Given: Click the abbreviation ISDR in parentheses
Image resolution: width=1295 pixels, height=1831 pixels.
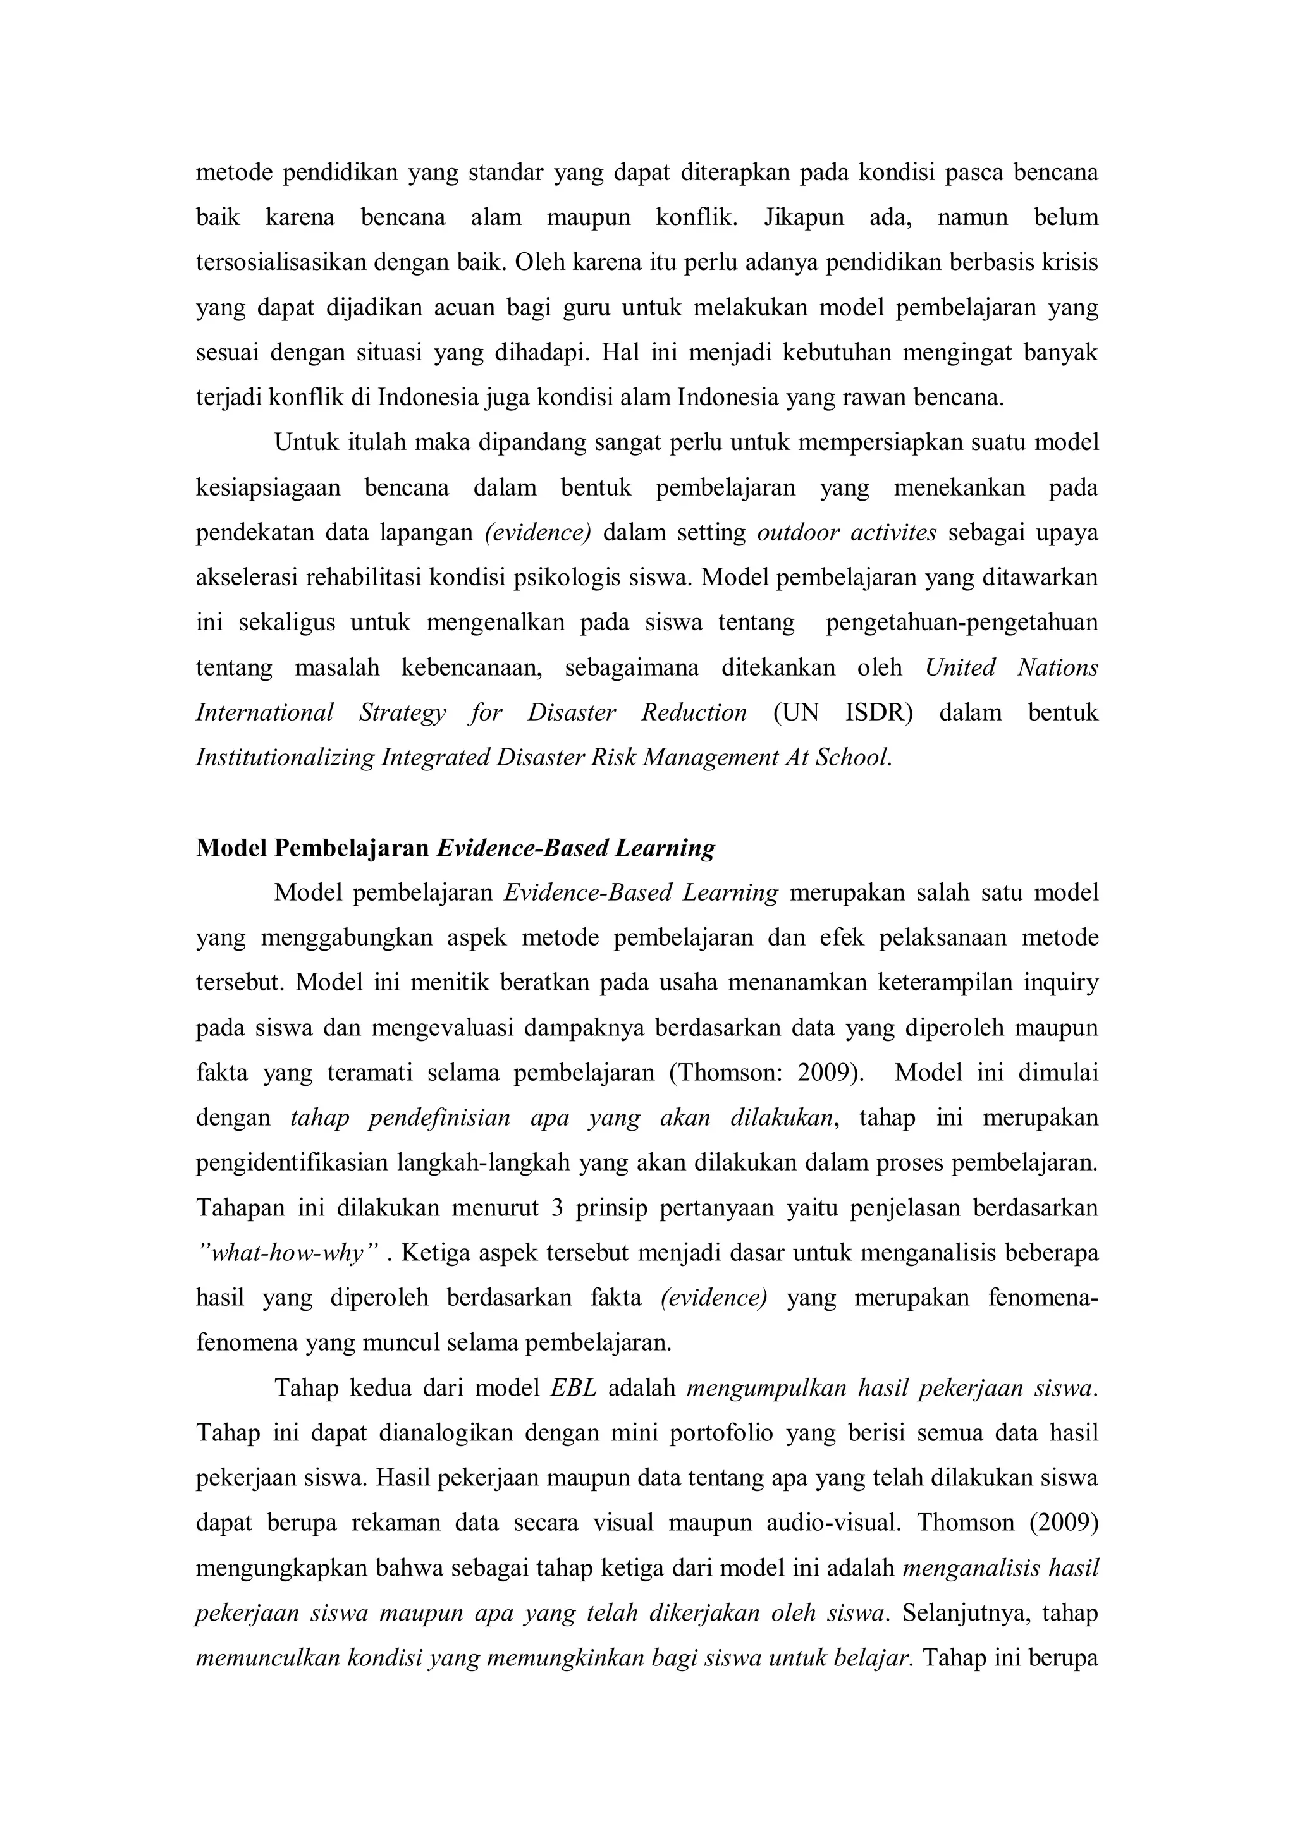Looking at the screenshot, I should (x=878, y=712).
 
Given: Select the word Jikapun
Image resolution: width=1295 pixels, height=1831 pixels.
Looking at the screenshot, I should (x=804, y=217).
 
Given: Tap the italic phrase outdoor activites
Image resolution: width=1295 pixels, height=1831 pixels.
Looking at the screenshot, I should (x=846, y=533).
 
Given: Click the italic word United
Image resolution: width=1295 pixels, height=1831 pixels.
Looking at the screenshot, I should (x=960, y=667).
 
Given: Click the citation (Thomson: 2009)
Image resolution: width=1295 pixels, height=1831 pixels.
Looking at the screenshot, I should (x=766, y=1073).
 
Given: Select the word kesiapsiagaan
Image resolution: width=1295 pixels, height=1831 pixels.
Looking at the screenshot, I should (x=268, y=487).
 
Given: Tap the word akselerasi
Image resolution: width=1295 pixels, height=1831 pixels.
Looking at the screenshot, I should (x=245, y=578).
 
